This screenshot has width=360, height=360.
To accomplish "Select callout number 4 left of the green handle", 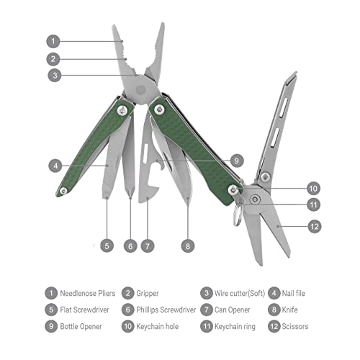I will (55, 165).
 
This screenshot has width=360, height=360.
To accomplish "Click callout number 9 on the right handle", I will (238, 160).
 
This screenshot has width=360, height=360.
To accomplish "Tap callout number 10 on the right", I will (312, 189).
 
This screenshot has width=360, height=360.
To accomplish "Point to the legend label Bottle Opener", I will (86, 327).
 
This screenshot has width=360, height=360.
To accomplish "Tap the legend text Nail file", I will (298, 294).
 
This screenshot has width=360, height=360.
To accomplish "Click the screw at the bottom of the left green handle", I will (64, 189).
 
